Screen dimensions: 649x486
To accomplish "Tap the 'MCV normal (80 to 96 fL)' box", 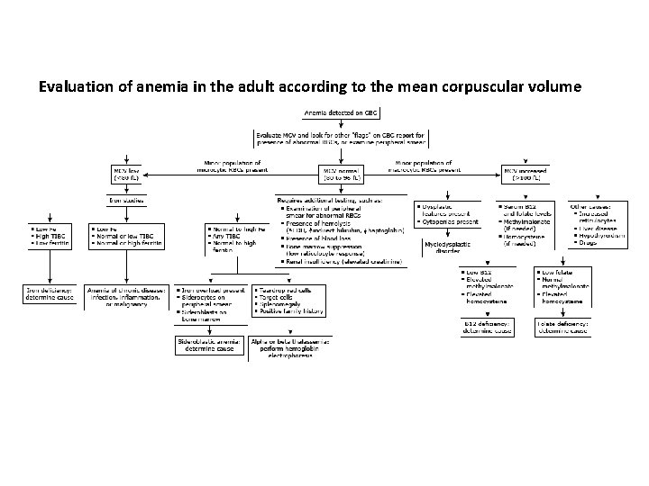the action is click(x=341, y=171).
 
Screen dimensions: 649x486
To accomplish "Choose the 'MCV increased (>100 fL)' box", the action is click(x=527, y=171).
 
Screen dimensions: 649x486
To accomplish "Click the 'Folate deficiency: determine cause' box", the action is click(x=562, y=328).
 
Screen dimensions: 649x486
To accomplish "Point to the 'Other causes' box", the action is click(x=594, y=225).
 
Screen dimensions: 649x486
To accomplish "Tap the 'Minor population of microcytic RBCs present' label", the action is click(x=233, y=166).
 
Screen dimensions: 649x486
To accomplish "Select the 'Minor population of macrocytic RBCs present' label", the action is click(x=424, y=166).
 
